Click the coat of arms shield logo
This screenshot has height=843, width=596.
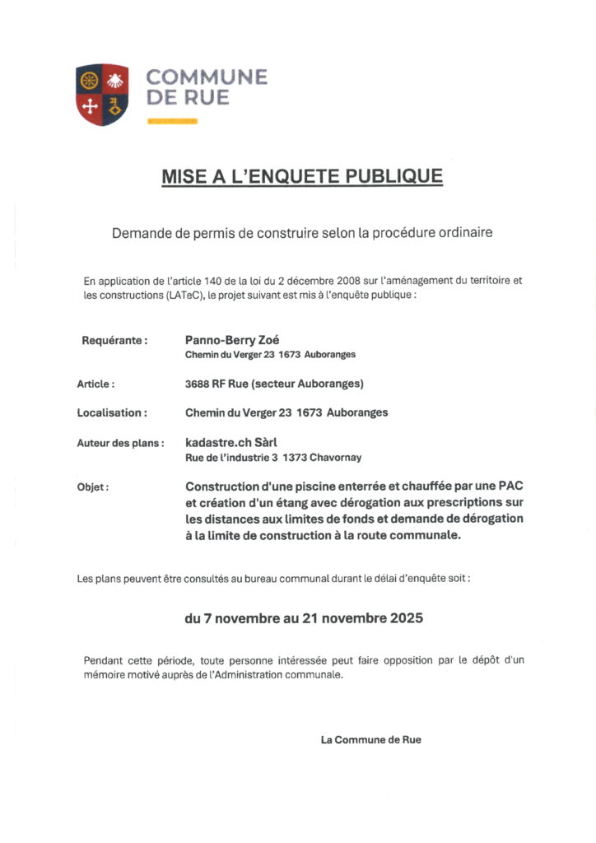(x=102, y=95)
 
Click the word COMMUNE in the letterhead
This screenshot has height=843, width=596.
(x=207, y=78)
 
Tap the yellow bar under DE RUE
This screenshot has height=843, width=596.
(x=172, y=121)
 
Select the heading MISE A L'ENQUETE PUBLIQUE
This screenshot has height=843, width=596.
(x=302, y=176)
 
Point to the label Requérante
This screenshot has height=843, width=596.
(x=114, y=339)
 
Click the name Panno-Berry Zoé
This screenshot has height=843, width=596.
(x=233, y=339)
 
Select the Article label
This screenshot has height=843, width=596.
(x=95, y=384)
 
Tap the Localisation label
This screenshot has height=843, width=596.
(x=112, y=412)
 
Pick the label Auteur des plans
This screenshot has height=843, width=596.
(x=120, y=443)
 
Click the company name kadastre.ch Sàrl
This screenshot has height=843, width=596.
(x=231, y=442)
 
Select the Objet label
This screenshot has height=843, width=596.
(x=92, y=487)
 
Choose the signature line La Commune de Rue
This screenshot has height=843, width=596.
(x=370, y=739)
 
